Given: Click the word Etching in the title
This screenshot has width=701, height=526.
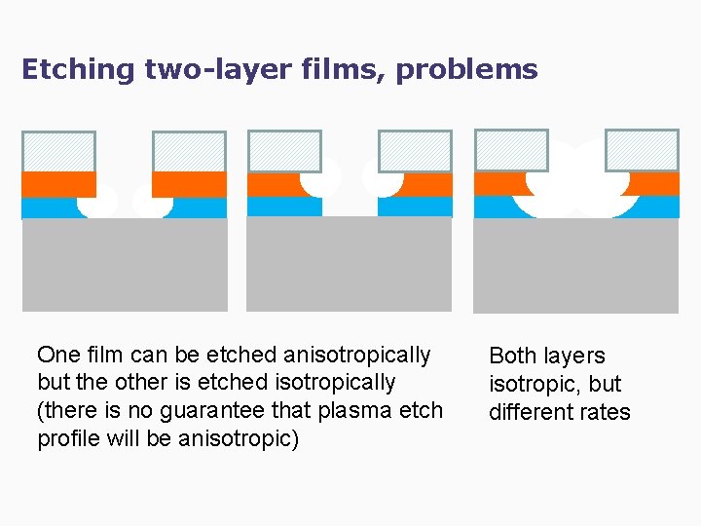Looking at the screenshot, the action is coord(78,70).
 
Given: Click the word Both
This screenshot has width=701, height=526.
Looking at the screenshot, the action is coord(513,356).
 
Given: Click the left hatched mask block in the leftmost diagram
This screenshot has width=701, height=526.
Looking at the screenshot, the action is coord(58,151).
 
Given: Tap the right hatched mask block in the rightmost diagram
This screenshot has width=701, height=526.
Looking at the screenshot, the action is coord(642,149).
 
